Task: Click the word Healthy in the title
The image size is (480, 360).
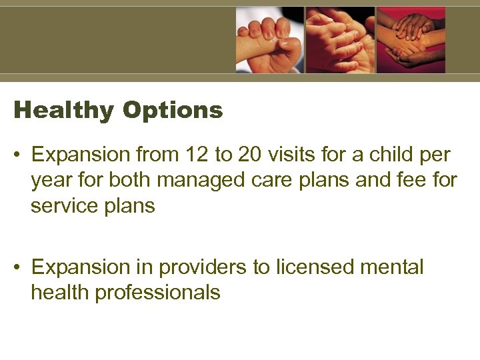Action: pyautogui.click(x=63, y=111)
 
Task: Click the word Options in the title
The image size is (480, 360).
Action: pyautogui.click(x=172, y=111)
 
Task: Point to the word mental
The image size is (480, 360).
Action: pyautogui.click(x=392, y=267)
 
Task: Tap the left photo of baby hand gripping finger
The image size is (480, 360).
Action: pyautogui.click(x=269, y=39)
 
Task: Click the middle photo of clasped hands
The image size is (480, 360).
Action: pyautogui.click(x=339, y=39)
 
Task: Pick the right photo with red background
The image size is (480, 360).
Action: pyautogui.click(x=411, y=39)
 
